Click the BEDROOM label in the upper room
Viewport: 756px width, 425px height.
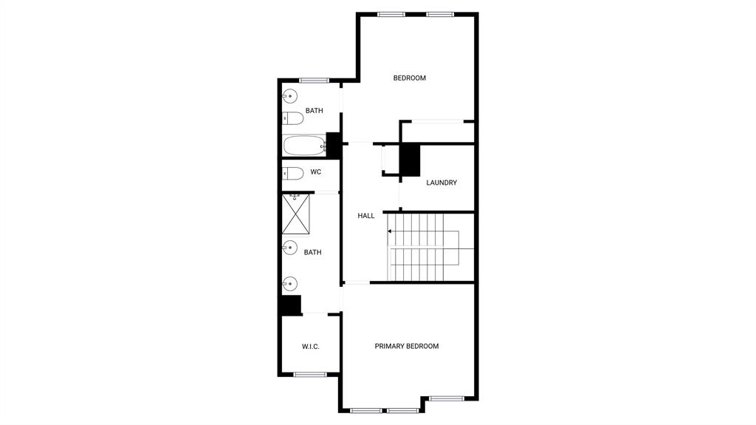(x=409, y=78)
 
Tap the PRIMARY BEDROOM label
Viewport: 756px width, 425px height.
(x=406, y=346)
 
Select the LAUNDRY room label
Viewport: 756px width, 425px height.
(x=441, y=183)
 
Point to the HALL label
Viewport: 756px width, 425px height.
(x=366, y=216)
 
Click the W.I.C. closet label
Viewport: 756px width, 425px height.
(x=310, y=347)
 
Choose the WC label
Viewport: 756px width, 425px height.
(x=315, y=172)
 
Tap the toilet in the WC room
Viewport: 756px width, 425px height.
(x=293, y=174)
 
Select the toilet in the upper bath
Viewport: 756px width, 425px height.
(x=293, y=118)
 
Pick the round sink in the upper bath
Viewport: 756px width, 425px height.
(x=289, y=96)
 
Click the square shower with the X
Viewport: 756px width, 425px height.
(x=295, y=213)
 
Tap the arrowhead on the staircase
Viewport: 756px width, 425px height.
(x=390, y=231)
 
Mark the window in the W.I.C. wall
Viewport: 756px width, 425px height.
(x=310, y=374)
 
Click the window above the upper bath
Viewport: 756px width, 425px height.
(x=314, y=80)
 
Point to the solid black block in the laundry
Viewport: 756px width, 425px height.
(x=410, y=160)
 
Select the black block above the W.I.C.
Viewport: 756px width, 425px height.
(x=290, y=305)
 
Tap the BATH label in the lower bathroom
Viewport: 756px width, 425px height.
(x=312, y=253)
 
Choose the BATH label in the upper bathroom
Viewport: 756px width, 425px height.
(x=315, y=111)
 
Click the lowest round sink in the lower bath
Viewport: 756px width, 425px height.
(x=289, y=283)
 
